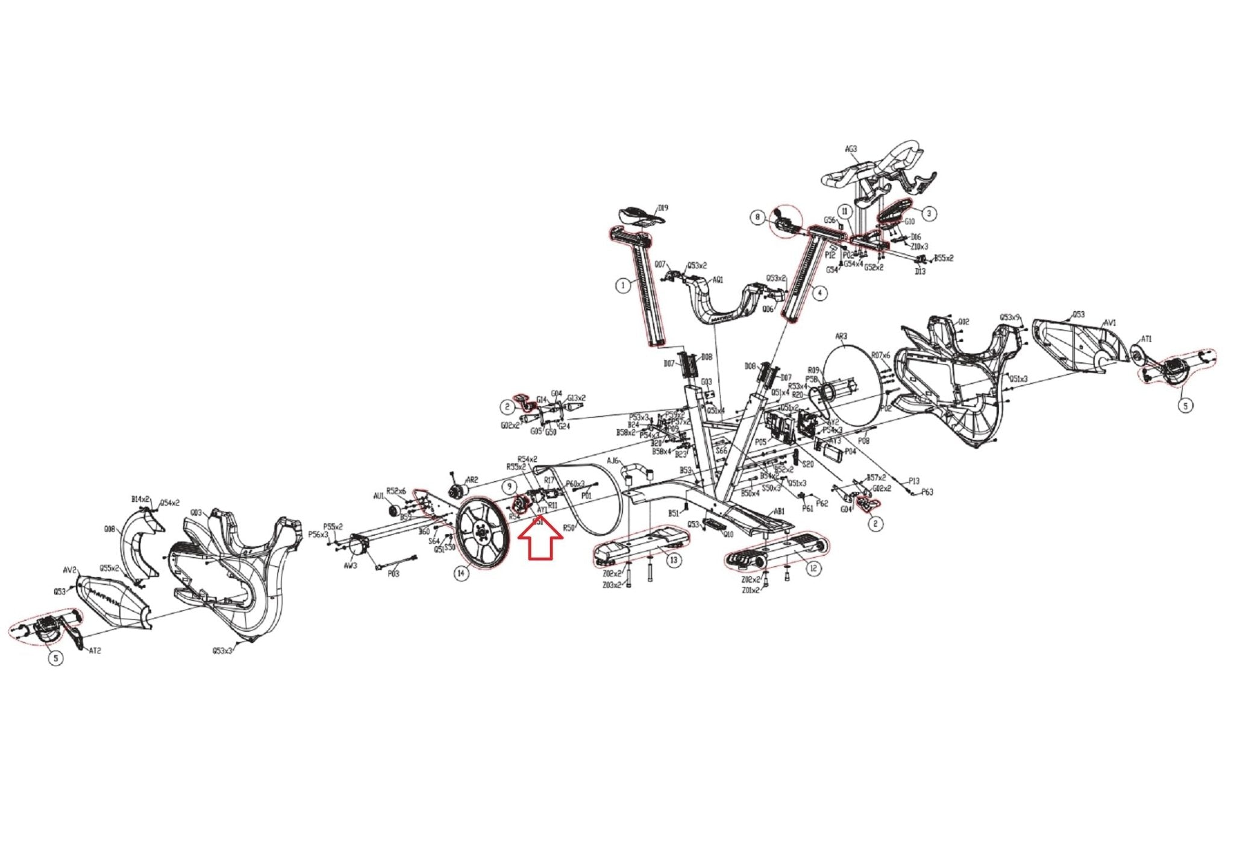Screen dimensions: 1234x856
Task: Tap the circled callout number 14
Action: point(461,573)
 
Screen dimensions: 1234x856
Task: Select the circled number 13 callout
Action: point(673,560)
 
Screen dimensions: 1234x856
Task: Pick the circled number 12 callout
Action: point(813,568)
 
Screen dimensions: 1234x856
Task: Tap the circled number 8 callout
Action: point(758,216)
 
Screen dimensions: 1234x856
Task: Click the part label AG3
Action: point(851,149)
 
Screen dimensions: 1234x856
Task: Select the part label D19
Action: point(663,208)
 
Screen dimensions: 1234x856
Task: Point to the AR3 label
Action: point(841,336)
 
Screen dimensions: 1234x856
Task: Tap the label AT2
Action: point(95,651)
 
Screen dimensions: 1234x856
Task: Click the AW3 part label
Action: point(350,565)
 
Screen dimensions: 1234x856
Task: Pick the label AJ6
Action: point(613,461)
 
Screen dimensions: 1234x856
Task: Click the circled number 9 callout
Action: point(510,486)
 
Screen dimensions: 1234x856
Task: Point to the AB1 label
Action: point(779,511)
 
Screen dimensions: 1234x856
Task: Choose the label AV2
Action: point(70,570)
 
